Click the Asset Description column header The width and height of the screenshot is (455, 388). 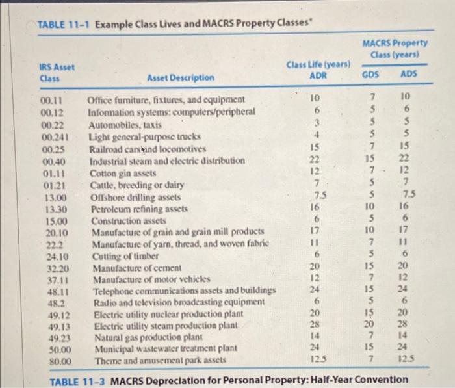coord(180,77)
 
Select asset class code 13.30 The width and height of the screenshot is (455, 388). coord(55,209)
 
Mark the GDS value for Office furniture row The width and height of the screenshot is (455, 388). coord(369,99)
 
